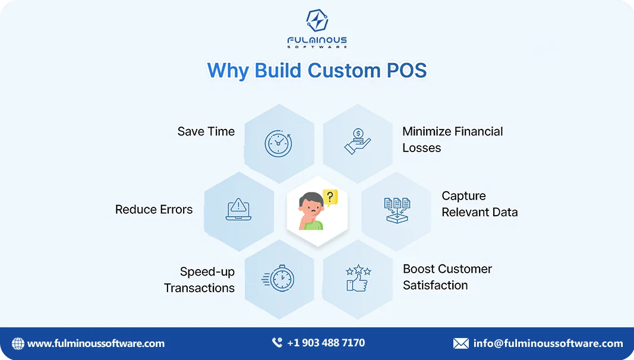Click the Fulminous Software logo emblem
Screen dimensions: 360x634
point(317,21)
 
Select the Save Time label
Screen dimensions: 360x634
point(206,131)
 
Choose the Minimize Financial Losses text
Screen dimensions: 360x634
point(452,140)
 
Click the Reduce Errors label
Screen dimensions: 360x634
point(154,210)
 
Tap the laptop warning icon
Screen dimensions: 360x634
point(238,210)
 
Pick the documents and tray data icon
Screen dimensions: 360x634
point(396,210)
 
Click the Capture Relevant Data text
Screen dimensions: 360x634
point(479,204)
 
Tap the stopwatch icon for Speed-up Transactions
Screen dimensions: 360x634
point(279,278)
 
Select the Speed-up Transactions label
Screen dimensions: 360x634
point(200,280)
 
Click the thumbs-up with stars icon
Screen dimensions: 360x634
point(358,278)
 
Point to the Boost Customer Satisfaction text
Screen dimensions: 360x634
point(447,277)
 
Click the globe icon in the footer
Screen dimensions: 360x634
point(18,343)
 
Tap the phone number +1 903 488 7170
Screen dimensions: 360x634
point(326,343)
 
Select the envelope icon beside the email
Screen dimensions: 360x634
point(460,343)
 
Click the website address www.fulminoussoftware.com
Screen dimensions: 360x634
point(96,343)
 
